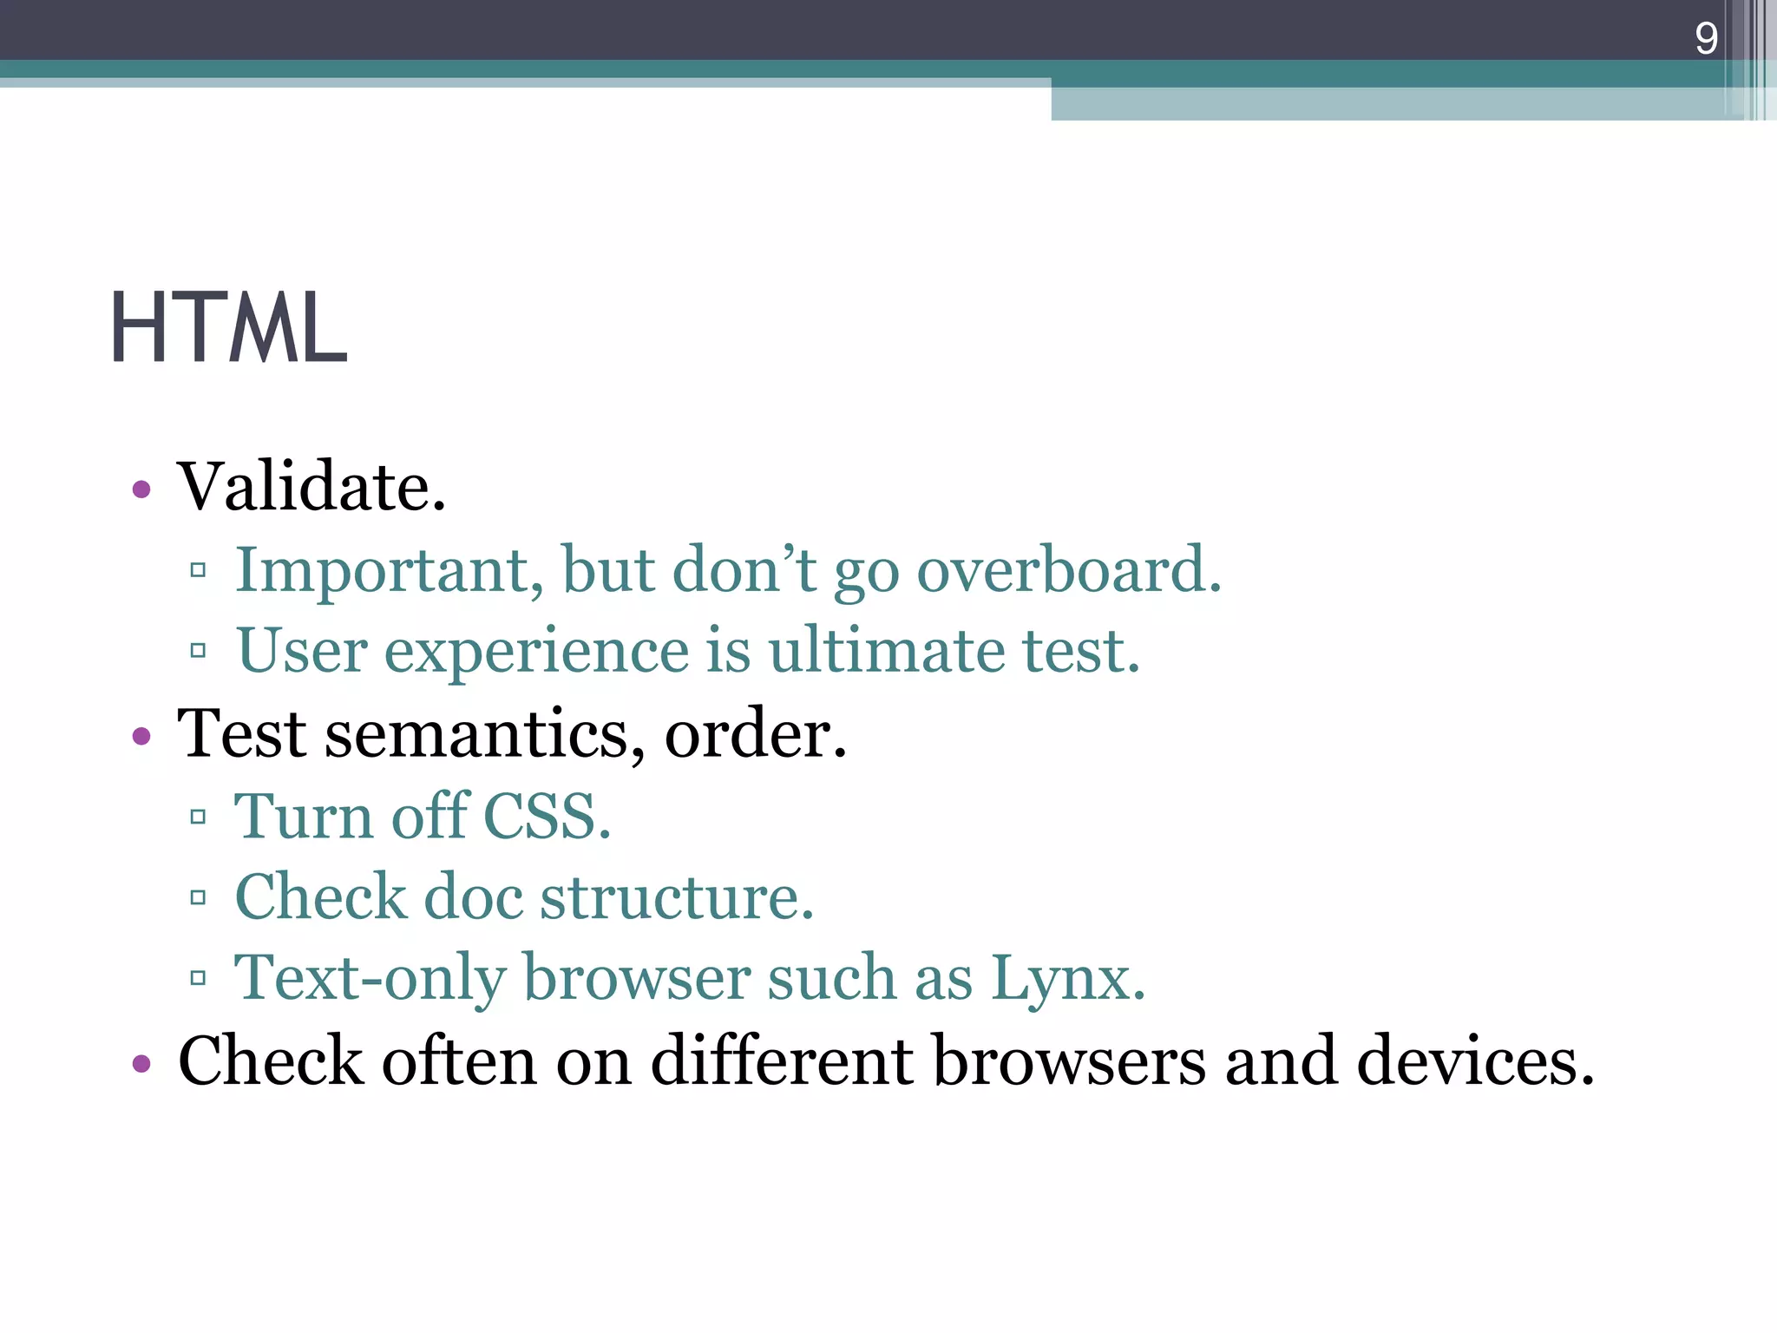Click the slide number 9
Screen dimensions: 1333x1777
coord(1706,38)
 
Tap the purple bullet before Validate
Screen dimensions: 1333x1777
coord(141,489)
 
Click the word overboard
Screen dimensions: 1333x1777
coord(1068,571)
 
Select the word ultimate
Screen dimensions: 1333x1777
coord(886,650)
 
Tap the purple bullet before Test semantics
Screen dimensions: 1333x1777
coord(141,737)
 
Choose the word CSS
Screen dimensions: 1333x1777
coord(547,817)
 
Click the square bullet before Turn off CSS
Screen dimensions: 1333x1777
coord(198,817)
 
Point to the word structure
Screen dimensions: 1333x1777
coord(677,897)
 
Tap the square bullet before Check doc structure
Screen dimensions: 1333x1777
coord(198,897)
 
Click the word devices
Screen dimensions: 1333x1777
coord(1475,1061)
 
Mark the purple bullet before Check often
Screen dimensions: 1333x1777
coord(141,1063)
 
